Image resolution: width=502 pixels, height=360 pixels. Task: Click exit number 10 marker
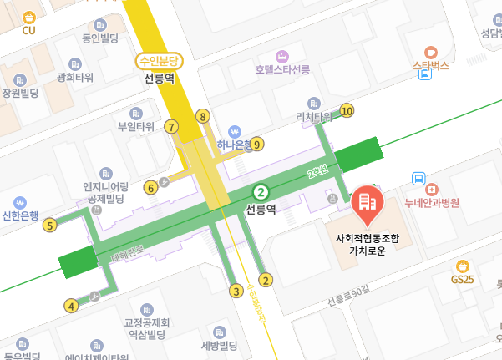tap(347, 110)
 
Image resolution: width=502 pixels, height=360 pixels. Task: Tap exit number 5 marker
tap(50, 224)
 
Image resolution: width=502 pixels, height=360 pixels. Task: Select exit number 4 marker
tap(71, 306)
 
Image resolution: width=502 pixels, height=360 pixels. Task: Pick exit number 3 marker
tap(236, 291)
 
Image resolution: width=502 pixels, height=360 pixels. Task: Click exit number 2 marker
tap(266, 280)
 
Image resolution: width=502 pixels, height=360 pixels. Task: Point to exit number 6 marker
tap(150, 187)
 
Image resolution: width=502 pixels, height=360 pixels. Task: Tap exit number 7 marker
tap(171, 127)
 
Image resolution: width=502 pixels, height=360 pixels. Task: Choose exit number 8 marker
tap(202, 116)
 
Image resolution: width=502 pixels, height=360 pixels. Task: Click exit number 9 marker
tap(257, 144)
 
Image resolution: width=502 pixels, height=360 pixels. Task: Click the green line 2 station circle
tap(261, 190)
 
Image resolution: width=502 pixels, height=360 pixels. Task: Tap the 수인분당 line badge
tap(158, 60)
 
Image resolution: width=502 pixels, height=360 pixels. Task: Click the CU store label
tap(29, 31)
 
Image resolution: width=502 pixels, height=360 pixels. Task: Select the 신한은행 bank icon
tap(21, 202)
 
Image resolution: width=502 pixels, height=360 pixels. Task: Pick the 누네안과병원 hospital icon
tap(418, 179)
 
